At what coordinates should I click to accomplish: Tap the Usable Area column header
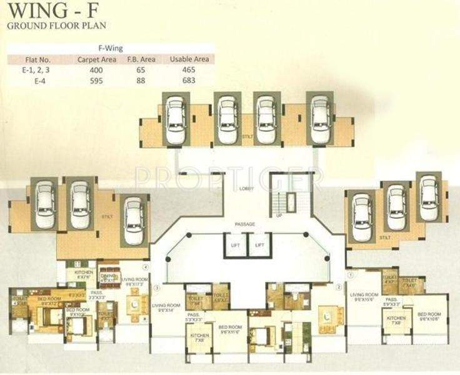(189, 59)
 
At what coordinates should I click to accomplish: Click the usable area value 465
(189, 70)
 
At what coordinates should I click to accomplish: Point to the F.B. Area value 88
(144, 80)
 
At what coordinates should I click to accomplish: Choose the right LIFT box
(259, 246)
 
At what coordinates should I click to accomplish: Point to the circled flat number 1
(351, 272)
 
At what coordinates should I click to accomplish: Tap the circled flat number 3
(157, 288)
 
